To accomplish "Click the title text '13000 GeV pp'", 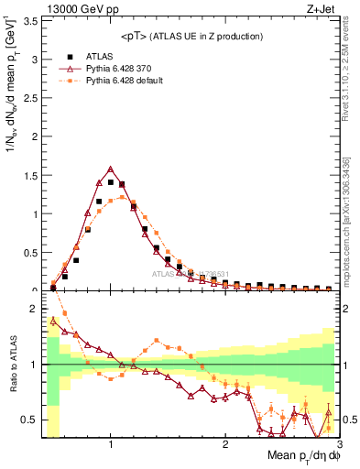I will coord(71,8).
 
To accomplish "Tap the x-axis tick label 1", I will coord(111,445).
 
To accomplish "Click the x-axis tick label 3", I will coord(339,445).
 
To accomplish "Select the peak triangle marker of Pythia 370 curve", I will coord(111,169).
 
